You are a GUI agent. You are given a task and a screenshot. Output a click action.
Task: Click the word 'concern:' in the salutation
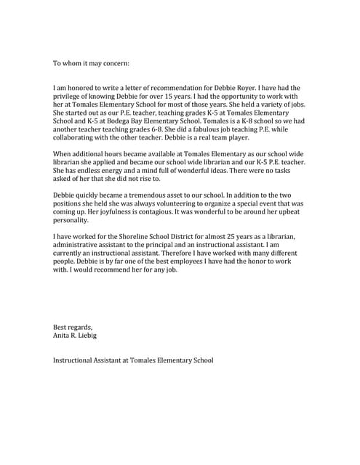coord(114,63)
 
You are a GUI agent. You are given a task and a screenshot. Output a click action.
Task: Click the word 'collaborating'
coord(76,137)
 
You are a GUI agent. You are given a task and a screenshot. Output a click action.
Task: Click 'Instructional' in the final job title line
coord(77,360)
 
